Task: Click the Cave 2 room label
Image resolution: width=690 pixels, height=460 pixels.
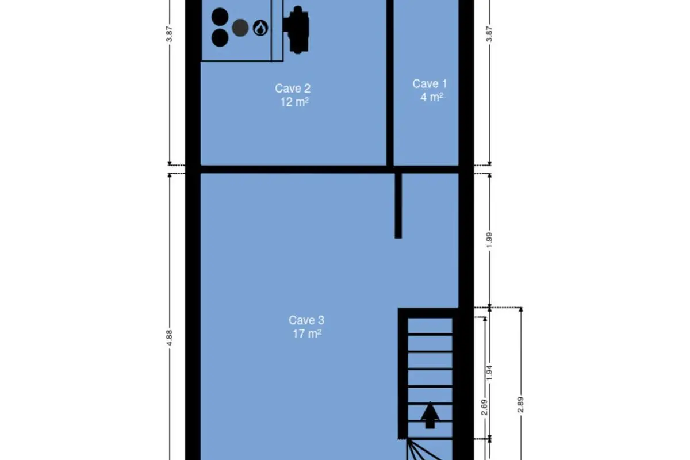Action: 293,89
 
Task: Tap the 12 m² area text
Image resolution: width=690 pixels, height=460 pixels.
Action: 294,102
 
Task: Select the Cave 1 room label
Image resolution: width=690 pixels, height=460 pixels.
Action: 430,83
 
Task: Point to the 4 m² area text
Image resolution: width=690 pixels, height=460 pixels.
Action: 432,97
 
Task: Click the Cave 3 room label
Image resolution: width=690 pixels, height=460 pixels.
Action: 306,320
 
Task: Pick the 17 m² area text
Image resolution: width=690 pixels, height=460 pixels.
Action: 307,333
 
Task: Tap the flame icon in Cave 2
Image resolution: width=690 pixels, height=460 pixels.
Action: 260,28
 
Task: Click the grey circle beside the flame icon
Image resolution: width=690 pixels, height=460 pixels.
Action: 240,28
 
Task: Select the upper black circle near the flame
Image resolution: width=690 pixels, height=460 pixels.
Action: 220,17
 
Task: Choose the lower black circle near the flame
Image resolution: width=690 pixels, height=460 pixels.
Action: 220,38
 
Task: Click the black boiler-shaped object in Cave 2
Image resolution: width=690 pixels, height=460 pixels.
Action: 296,30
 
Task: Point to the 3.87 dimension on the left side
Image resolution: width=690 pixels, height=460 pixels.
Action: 169,34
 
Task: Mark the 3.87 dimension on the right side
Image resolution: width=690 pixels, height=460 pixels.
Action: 489,34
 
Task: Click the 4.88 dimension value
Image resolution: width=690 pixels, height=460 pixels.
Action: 169,338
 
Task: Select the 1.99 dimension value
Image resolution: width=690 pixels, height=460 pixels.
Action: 489,240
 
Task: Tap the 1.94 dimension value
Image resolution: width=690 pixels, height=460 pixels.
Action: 489,373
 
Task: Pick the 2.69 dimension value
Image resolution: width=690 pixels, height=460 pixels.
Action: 484,407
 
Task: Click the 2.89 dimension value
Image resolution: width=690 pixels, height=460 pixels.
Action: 520,405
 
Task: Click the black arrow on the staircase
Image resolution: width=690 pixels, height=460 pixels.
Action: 430,415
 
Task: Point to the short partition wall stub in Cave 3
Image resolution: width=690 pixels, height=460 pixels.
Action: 398,206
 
